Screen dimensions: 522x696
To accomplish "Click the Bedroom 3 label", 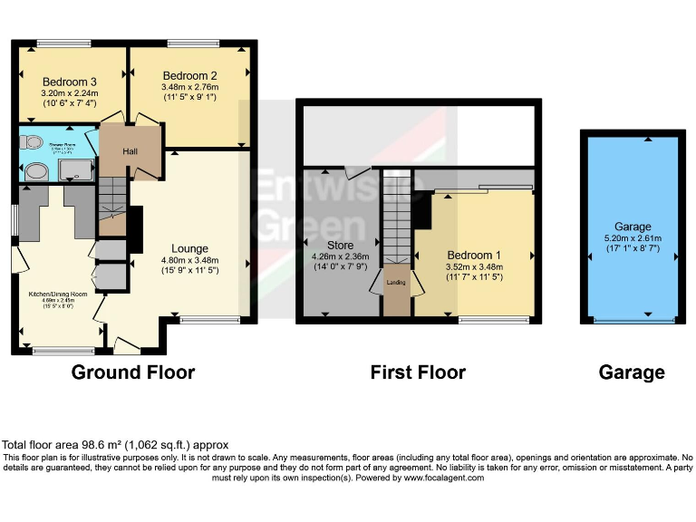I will point(69,81).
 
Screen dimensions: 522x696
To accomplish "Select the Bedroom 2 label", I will point(189,75).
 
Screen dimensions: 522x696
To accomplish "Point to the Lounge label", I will point(190,247).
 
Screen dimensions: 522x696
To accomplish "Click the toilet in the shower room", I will point(34,141).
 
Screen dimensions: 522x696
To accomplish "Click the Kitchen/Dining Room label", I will point(56,295).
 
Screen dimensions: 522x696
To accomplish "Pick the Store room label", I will point(340,245).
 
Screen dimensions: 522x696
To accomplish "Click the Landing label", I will point(395,283).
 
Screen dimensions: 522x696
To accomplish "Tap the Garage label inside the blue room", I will point(631,227).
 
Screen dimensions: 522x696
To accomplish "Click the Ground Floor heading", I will point(132,372).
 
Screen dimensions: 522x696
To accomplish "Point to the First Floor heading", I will point(418,372).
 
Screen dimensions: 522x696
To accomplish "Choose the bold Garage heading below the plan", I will point(631,372).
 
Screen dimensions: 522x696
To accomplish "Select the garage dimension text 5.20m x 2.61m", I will point(631,238).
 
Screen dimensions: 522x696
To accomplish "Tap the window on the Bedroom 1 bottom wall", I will point(494,319).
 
